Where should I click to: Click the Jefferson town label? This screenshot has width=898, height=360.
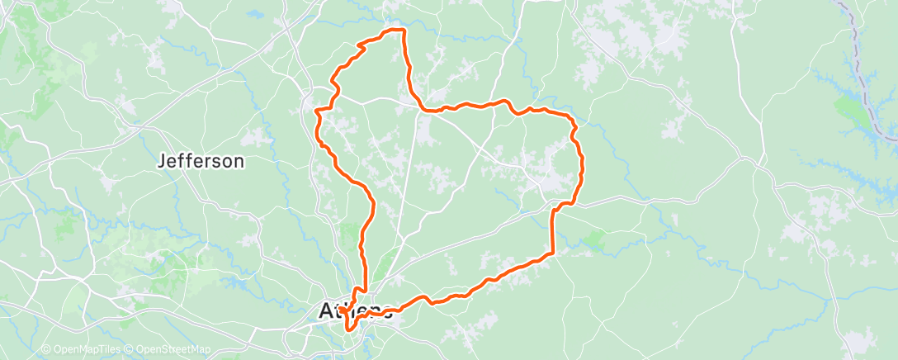coord(201,161)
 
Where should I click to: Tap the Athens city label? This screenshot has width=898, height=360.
coord(355,312)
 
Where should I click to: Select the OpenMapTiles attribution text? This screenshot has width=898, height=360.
coord(85,350)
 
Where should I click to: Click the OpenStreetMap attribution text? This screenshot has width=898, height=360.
coord(173,350)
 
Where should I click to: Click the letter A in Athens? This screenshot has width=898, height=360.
coord(326,312)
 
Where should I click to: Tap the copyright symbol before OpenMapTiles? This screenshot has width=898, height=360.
coord(46,350)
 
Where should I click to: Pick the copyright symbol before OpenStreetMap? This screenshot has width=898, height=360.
coord(131,350)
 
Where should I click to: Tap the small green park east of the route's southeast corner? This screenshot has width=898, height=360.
coord(593,241)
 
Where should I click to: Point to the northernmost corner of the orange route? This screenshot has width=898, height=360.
coord(402,30)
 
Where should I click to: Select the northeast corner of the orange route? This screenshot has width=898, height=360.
coord(573,121)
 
